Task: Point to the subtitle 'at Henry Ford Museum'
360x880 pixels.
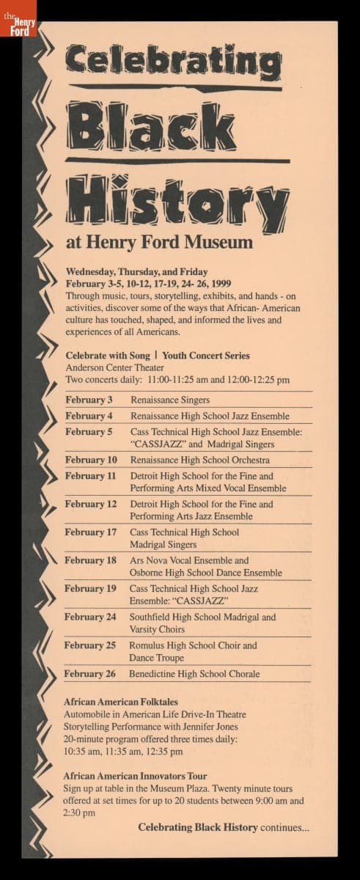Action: pyautogui.click(x=159, y=241)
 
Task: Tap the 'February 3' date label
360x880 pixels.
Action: pyautogui.click(x=89, y=400)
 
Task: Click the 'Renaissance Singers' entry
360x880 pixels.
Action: pyautogui.click(x=169, y=400)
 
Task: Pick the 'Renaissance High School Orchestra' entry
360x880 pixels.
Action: pyautogui.click(x=199, y=461)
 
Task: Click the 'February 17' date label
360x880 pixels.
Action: pyautogui.click(x=91, y=532)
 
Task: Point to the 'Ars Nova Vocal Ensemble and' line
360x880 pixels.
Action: pyautogui.click(x=189, y=560)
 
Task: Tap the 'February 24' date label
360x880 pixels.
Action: pyautogui.click(x=90, y=617)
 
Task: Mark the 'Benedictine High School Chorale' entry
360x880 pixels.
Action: pyautogui.click(x=194, y=674)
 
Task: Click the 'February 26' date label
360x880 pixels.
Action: pyautogui.click(x=90, y=674)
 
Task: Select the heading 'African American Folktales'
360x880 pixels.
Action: pyautogui.click(x=121, y=702)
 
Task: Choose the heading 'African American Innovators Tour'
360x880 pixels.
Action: pyautogui.click(x=135, y=776)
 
